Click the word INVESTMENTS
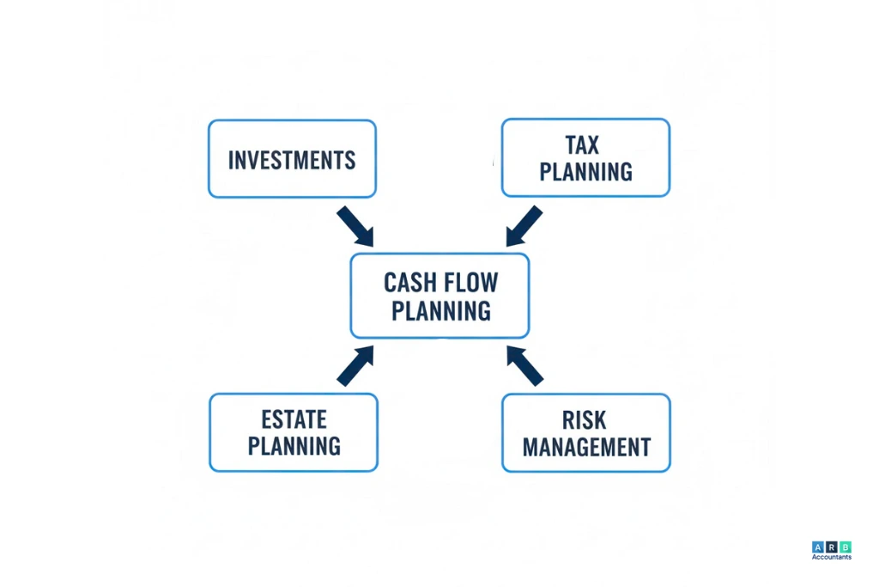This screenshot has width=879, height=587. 292,160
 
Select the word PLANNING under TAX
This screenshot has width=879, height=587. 586,172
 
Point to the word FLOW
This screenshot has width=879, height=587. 470,282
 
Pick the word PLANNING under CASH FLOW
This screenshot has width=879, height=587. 440,309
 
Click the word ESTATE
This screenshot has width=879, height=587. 294,419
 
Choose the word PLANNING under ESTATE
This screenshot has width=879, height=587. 294,446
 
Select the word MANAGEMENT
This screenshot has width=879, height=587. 586,447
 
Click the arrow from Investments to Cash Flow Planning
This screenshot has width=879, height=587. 355,226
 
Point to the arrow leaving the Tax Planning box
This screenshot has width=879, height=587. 524,226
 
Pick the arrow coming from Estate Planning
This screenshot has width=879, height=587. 355,365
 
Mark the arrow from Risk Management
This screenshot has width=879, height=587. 524,365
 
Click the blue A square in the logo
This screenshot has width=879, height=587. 817,547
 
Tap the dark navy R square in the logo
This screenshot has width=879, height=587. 832,547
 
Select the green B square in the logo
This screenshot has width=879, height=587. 846,547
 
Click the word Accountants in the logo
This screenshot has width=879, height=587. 831,557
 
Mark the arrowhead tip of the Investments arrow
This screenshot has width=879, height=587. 372,244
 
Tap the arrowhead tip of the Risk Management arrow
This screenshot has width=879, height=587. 508,347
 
